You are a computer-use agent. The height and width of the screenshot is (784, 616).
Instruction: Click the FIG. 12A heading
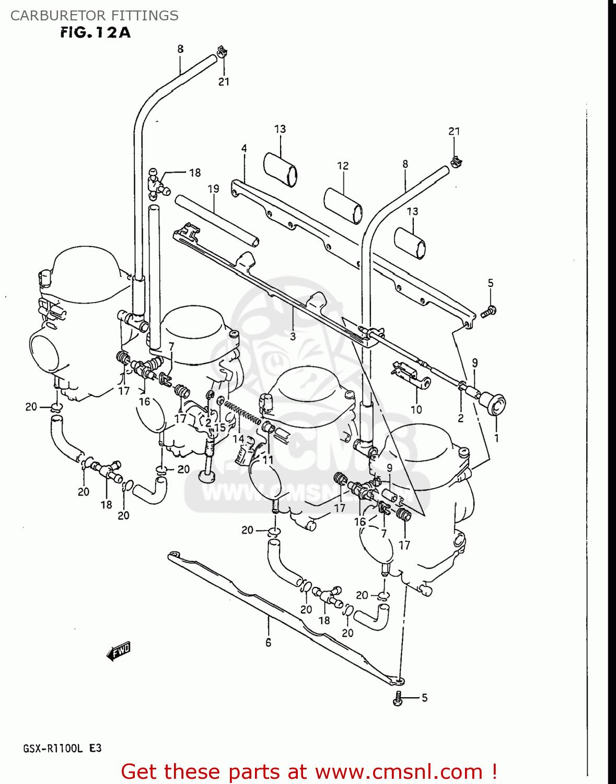click(x=95, y=33)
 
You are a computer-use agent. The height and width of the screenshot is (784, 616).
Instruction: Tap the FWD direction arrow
click(x=119, y=651)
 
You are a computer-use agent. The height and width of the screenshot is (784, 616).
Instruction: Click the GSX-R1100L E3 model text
click(x=62, y=748)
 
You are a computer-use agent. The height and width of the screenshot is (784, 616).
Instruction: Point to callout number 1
click(x=496, y=438)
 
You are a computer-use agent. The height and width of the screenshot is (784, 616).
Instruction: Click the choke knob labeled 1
click(x=494, y=405)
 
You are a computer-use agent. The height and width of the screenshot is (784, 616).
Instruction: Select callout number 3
click(x=293, y=337)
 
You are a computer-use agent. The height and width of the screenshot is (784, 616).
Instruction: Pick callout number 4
click(x=244, y=148)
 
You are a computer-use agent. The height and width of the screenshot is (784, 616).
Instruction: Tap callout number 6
click(x=268, y=642)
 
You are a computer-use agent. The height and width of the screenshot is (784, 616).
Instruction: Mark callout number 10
click(x=416, y=409)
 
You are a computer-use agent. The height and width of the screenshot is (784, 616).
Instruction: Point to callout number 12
click(x=343, y=166)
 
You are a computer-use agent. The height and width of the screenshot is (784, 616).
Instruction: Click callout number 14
click(x=238, y=439)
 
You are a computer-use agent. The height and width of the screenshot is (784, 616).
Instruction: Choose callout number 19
click(x=213, y=189)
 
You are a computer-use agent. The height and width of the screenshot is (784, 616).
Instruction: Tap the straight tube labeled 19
click(x=216, y=220)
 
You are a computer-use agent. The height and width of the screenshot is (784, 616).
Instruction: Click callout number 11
click(x=268, y=460)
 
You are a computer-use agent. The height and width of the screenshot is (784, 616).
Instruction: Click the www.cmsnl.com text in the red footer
click(x=399, y=771)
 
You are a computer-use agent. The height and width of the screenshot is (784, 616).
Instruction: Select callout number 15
click(x=220, y=427)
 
